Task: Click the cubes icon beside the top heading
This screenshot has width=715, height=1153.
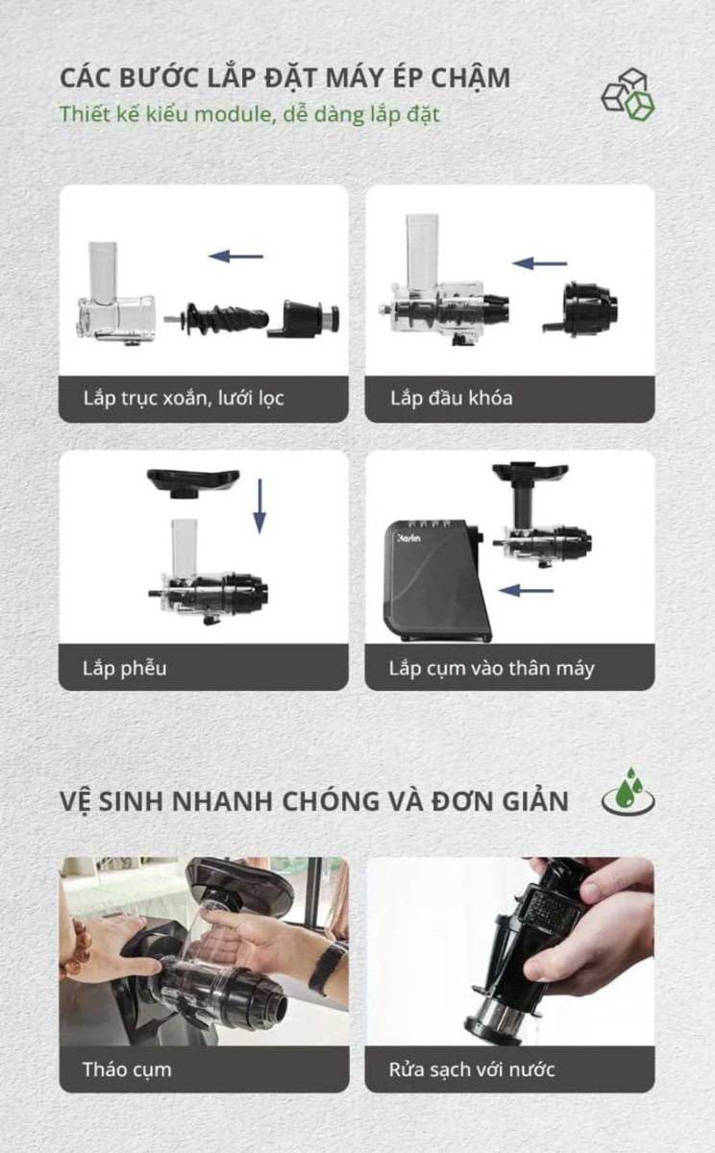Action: [628, 94]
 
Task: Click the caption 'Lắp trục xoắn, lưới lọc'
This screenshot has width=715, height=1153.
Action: [184, 398]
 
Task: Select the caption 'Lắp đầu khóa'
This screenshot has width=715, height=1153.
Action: [451, 398]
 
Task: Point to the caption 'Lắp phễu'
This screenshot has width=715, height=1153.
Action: [124, 668]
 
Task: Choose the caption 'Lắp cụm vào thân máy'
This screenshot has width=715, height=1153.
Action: [491, 668]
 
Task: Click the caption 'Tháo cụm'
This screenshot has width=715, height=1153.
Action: [126, 1069]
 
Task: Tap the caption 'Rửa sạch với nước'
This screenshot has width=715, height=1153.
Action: [471, 1069]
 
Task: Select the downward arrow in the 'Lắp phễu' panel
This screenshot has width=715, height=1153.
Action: [259, 507]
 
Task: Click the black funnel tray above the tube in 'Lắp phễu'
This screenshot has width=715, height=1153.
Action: [192, 481]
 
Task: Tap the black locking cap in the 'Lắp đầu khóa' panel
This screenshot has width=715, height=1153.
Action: [588, 307]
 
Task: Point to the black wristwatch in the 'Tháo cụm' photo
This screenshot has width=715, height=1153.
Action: [328, 966]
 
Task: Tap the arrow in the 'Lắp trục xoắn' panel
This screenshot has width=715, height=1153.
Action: [235, 257]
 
